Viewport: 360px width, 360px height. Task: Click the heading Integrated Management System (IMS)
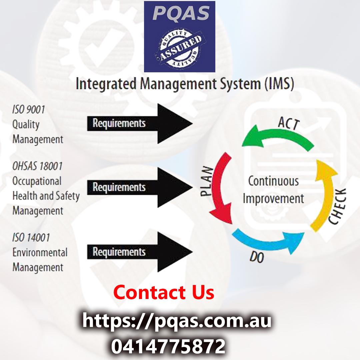click(x=185, y=84)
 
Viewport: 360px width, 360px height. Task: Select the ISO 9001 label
click(x=28, y=110)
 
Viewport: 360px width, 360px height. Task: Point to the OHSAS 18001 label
click(x=37, y=166)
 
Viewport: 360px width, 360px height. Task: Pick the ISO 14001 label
click(x=31, y=238)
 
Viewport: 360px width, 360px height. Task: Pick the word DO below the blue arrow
click(x=257, y=257)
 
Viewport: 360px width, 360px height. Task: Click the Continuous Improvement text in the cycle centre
click(x=273, y=190)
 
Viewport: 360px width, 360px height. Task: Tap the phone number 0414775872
click(x=168, y=346)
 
